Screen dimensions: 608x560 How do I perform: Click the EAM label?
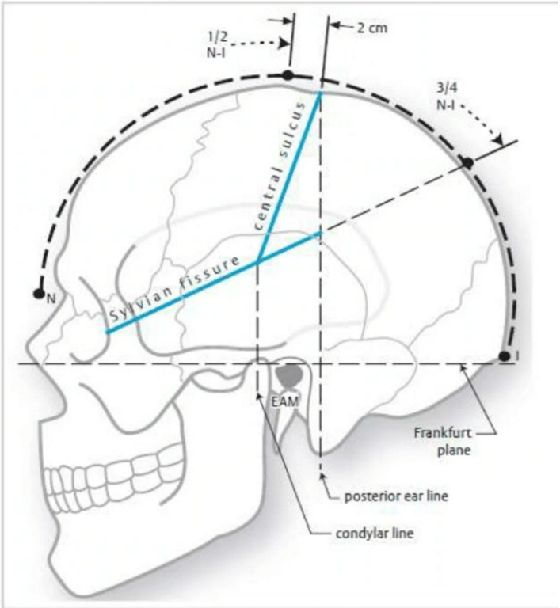284,401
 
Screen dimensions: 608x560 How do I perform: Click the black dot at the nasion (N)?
37,294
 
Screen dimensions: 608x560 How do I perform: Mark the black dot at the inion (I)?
504,356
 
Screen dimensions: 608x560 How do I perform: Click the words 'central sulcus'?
278,166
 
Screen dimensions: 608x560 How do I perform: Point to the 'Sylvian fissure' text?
174,292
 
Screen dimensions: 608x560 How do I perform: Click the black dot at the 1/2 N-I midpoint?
288,75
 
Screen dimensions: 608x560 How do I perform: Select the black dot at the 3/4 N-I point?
467,162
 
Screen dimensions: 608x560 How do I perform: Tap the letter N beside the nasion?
51,298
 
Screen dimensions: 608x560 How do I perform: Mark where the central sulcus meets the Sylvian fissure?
259,261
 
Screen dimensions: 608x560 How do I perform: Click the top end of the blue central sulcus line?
319,93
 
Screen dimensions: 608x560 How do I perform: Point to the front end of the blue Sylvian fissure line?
106,331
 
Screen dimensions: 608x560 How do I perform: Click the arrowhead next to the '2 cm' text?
333,26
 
